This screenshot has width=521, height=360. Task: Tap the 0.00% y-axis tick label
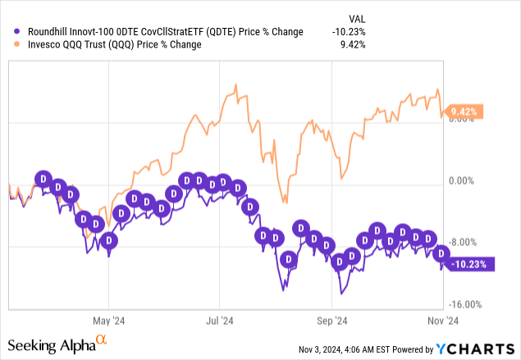pos(464,180)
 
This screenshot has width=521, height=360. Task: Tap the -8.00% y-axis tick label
pos(464,242)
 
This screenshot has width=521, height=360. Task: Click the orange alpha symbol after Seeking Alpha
pos(102,339)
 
